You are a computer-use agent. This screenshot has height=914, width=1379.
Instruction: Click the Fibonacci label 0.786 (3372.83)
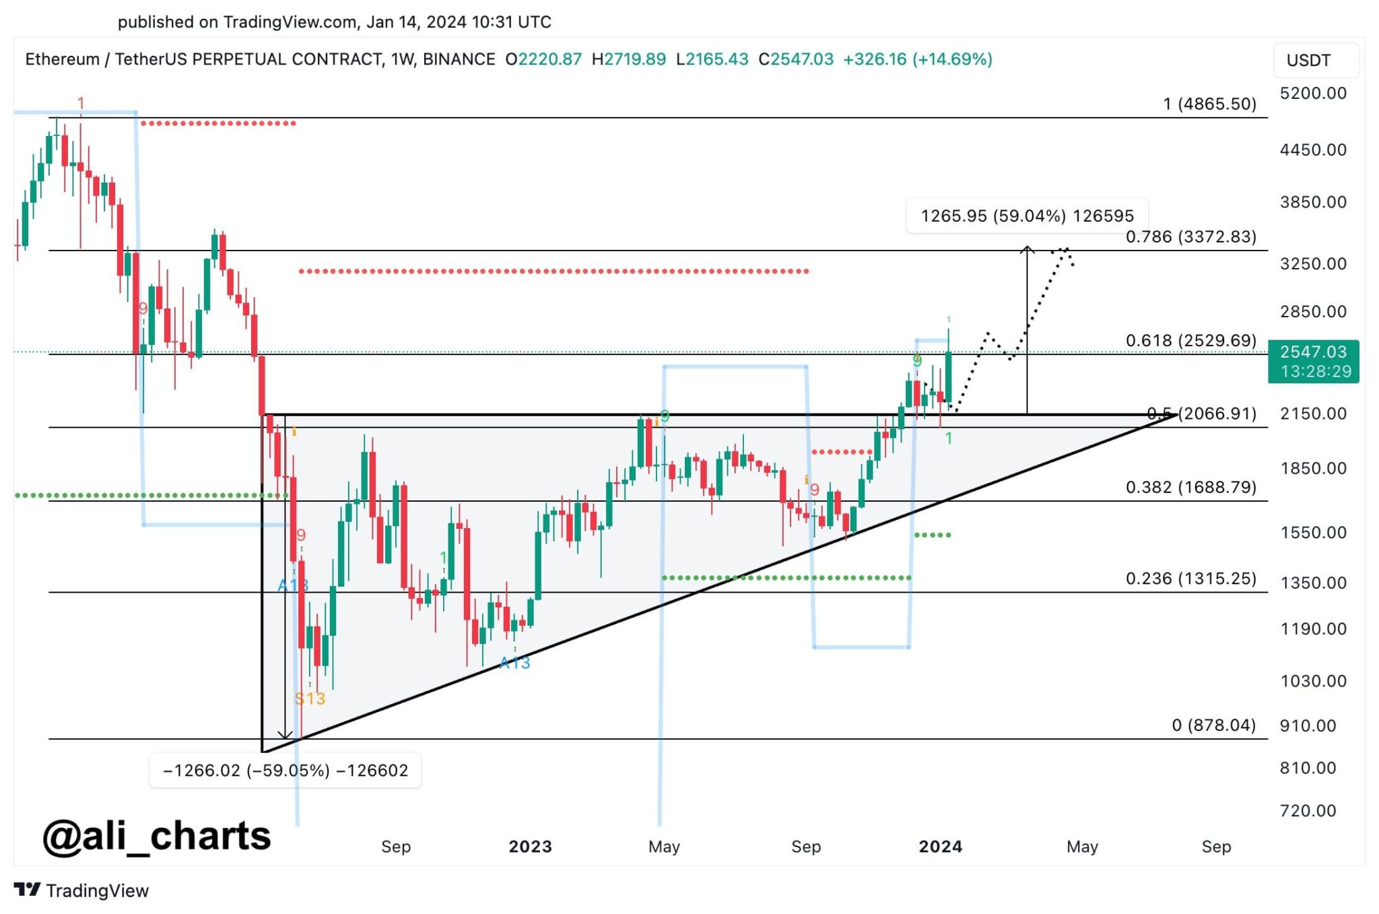pyautogui.click(x=1190, y=236)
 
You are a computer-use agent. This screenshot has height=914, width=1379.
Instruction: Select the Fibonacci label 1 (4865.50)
pyautogui.click(x=1209, y=104)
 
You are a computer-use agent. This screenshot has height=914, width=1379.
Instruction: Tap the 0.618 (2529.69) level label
pyautogui.click(x=1190, y=340)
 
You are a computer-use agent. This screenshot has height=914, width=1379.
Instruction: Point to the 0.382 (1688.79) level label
pyautogui.click(x=1190, y=487)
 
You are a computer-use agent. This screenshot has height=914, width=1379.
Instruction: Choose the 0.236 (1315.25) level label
pyautogui.click(x=1190, y=578)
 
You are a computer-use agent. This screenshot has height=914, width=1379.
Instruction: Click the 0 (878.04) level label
pyautogui.click(x=1213, y=725)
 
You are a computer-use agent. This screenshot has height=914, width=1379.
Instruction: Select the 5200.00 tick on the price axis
pyautogui.click(x=1313, y=93)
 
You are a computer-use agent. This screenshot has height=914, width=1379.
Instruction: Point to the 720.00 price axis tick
pyautogui.click(x=1308, y=810)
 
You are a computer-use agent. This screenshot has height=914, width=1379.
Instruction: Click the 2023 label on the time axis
pyautogui.click(x=530, y=847)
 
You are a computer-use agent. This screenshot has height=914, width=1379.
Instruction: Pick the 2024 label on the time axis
pyautogui.click(x=940, y=847)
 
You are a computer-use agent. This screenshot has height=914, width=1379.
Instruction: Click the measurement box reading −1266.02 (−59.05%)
pyautogui.click(x=285, y=770)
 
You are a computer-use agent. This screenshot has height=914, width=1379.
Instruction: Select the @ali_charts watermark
pyautogui.click(x=157, y=836)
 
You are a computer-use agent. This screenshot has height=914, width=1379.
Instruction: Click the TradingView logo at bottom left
pyautogui.click(x=81, y=890)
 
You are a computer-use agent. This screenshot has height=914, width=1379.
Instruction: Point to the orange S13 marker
pyautogui.click(x=310, y=698)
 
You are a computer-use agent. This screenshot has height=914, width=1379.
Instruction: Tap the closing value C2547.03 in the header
pyautogui.click(x=796, y=59)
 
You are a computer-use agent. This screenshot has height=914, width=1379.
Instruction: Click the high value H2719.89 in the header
pyautogui.click(x=628, y=59)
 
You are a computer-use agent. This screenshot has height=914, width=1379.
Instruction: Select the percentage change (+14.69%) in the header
pyautogui.click(x=952, y=59)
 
